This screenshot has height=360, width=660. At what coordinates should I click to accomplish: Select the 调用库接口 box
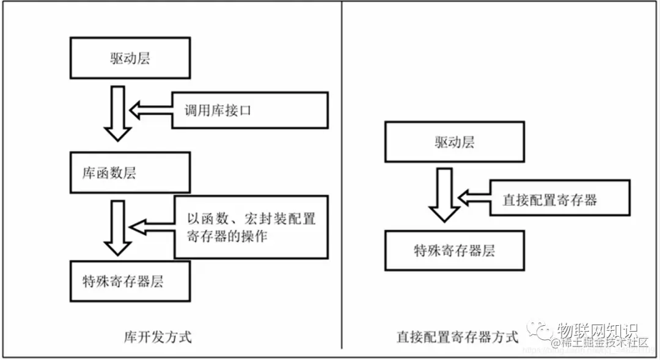249,111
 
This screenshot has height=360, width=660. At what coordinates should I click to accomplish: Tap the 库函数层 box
130,173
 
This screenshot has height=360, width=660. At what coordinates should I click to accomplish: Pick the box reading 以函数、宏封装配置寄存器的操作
251,227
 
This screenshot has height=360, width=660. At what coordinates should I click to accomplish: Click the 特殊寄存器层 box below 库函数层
130,281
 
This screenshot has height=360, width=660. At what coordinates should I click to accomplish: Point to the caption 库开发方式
157,337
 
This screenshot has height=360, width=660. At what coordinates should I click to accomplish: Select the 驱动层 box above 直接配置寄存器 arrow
454,142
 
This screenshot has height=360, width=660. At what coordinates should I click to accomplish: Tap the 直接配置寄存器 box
559,199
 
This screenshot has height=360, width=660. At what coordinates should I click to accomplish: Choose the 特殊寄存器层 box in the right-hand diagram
454,250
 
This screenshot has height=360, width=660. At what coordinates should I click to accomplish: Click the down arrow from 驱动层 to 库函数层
117,113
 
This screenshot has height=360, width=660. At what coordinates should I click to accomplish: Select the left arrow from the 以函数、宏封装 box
153,227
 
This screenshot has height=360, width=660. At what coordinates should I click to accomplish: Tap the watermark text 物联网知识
596,331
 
